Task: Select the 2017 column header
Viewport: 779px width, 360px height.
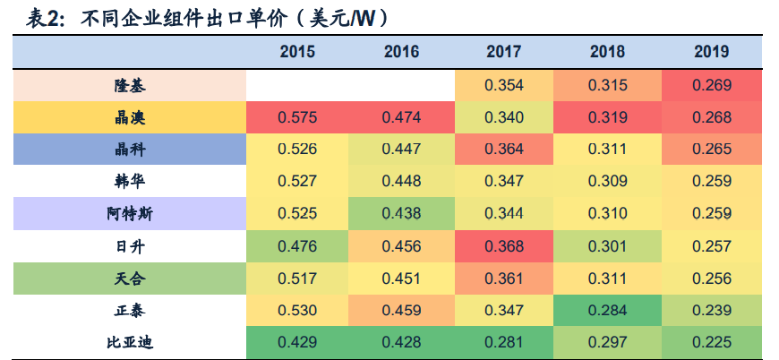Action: pyautogui.click(x=503, y=52)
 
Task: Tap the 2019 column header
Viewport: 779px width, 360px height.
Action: pyautogui.click(x=711, y=52)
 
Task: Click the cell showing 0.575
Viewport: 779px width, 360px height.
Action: pyautogui.click(x=297, y=118)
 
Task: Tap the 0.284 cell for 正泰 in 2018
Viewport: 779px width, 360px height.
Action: pyautogui.click(x=608, y=310)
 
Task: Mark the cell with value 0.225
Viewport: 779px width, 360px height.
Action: pyautogui.click(x=712, y=342)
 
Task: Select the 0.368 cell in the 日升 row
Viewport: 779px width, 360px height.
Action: pyautogui.click(x=504, y=246)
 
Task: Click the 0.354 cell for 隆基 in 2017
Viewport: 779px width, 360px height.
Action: pyautogui.click(x=504, y=86)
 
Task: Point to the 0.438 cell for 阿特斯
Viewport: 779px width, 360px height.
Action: pyautogui.click(x=401, y=214)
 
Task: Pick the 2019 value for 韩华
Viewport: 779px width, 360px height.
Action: pyautogui.click(x=712, y=182)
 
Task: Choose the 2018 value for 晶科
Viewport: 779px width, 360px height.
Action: pyautogui.click(x=608, y=150)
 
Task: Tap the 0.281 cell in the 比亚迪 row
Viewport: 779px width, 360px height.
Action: pyautogui.click(x=504, y=342)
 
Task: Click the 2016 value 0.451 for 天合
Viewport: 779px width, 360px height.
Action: pyautogui.click(x=401, y=279)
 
